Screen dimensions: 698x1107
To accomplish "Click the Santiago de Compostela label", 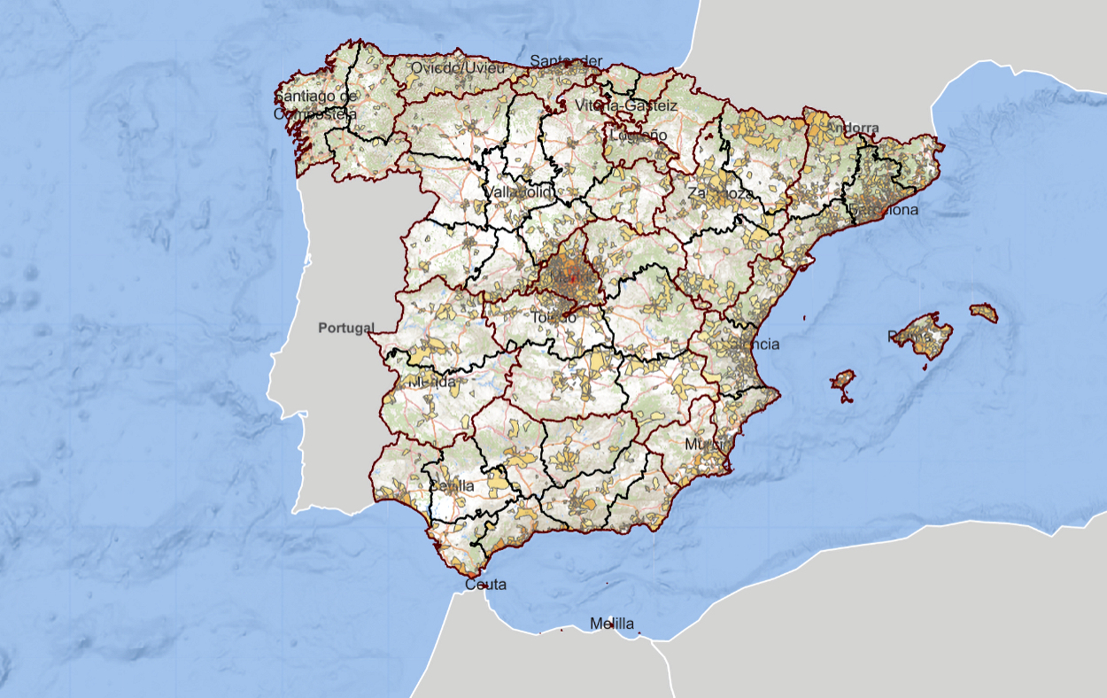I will pos(315,105).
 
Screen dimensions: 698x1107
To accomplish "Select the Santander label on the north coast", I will pos(565,61).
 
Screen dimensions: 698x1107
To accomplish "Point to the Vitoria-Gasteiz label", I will pos(626,105).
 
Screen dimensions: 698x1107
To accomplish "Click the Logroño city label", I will pos(638,136).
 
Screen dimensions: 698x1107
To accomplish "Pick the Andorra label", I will pos(852,128).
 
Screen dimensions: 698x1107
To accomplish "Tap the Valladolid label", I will pos(520,192).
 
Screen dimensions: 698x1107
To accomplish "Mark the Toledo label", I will pos(553,316).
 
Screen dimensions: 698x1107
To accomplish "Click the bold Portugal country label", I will pos(346,328).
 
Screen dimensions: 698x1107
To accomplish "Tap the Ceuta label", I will pos(485,585).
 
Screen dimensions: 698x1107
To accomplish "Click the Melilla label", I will pos(612,624).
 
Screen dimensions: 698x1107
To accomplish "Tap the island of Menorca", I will pos(984,313).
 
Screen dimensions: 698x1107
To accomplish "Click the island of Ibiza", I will pos(842,382).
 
